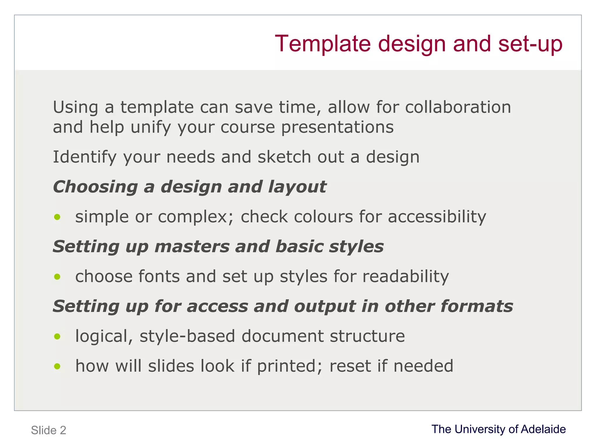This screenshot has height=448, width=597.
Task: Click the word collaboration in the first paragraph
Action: pos(458,107)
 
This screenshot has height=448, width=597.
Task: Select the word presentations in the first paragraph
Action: pos(337,127)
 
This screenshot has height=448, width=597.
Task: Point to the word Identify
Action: pos(85,157)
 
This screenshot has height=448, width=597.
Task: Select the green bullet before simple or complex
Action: pos(57,217)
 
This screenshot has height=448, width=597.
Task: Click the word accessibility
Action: pos(437,217)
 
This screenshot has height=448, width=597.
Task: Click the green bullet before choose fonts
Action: pos(57,276)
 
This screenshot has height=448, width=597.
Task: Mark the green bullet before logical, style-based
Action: pos(57,336)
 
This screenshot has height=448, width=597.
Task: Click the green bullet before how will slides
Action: pos(57,366)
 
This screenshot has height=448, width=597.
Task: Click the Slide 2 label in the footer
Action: pos(49,430)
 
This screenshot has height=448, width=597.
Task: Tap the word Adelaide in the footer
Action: pos(543,429)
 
